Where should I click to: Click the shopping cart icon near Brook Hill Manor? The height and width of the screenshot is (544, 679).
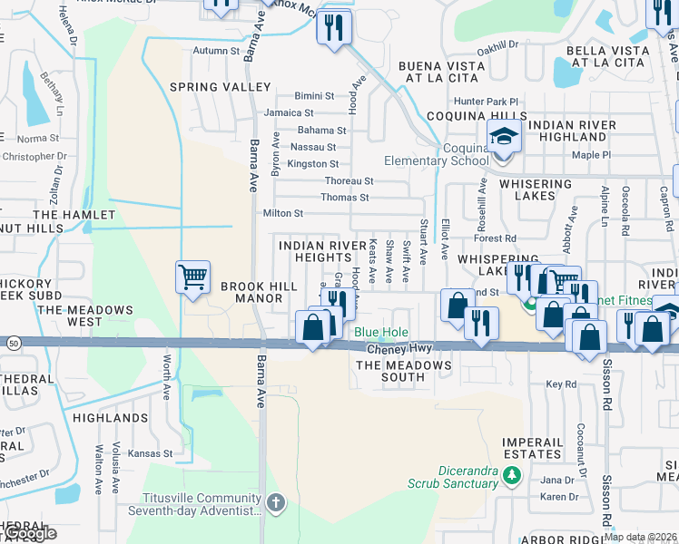(x=192, y=277)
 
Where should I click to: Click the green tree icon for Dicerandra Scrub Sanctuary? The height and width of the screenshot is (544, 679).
(x=512, y=474)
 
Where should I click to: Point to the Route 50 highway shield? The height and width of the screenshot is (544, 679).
(x=13, y=343)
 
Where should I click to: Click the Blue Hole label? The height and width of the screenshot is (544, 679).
(x=380, y=333)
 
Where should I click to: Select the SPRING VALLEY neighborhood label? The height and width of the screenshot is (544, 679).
(x=221, y=87)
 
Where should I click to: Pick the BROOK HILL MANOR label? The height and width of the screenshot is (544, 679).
(x=259, y=292)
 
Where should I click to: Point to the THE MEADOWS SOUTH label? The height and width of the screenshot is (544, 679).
(x=403, y=371)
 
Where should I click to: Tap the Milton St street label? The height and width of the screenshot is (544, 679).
(x=281, y=213)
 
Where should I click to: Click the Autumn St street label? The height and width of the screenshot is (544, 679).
(x=215, y=51)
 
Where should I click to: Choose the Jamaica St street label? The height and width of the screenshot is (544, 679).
(x=289, y=113)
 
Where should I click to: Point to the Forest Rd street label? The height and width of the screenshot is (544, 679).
(x=499, y=239)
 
